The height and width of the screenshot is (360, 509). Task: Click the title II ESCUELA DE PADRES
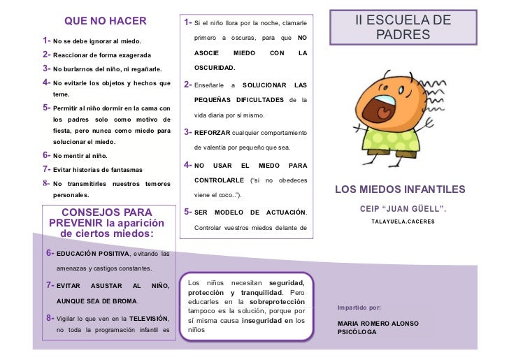(403, 27)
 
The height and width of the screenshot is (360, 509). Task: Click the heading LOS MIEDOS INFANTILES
(400, 189)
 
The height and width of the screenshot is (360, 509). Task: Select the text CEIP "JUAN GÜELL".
(403, 209)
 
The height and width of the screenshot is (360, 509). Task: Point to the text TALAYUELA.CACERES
(403, 222)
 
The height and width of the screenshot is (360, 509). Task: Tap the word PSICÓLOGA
(357, 332)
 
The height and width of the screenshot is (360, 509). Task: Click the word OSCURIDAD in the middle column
(215, 69)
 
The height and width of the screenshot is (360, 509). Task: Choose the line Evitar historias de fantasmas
(98, 170)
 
